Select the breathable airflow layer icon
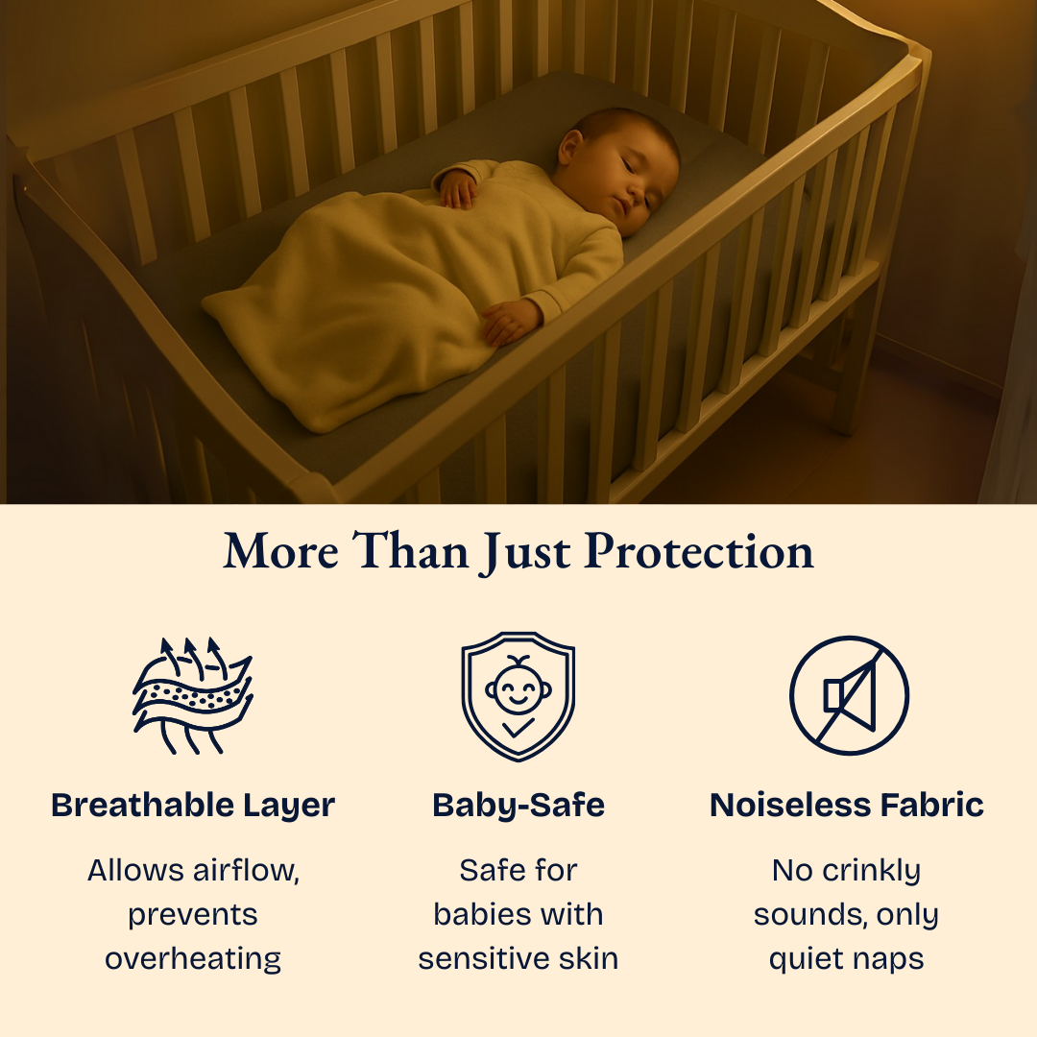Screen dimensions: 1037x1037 192,694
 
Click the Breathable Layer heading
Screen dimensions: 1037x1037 193,805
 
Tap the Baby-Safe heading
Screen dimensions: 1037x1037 518,805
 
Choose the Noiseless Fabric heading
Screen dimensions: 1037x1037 847,805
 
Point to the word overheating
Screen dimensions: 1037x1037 193,958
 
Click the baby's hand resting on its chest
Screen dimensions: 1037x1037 458,189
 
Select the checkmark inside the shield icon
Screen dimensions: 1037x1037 518,728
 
